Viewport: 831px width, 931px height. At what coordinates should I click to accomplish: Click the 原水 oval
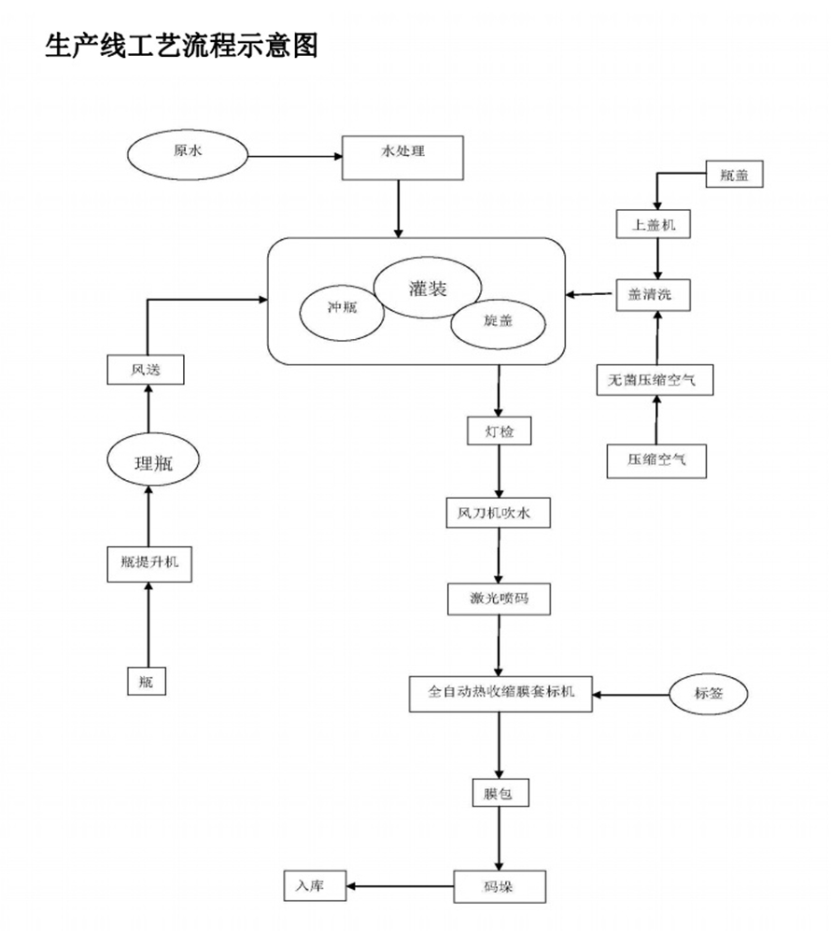click(188, 155)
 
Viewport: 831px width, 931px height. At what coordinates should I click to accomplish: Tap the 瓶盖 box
click(734, 174)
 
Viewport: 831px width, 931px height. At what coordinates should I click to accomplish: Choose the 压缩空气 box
click(655, 459)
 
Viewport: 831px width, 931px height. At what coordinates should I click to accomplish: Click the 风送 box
click(145, 370)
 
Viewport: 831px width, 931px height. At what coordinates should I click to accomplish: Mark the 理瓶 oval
click(155, 460)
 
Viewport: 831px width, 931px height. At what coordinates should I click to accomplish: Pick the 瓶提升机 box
click(149, 564)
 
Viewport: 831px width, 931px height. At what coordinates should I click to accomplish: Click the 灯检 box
click(499, 430)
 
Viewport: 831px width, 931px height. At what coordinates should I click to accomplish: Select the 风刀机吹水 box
click(500, 514)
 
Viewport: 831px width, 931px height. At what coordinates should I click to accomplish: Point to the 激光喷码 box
click(500, 598)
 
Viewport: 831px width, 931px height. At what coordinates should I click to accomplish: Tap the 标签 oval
click(709, 693)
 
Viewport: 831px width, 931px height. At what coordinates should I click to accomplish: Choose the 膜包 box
click(499, 794)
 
